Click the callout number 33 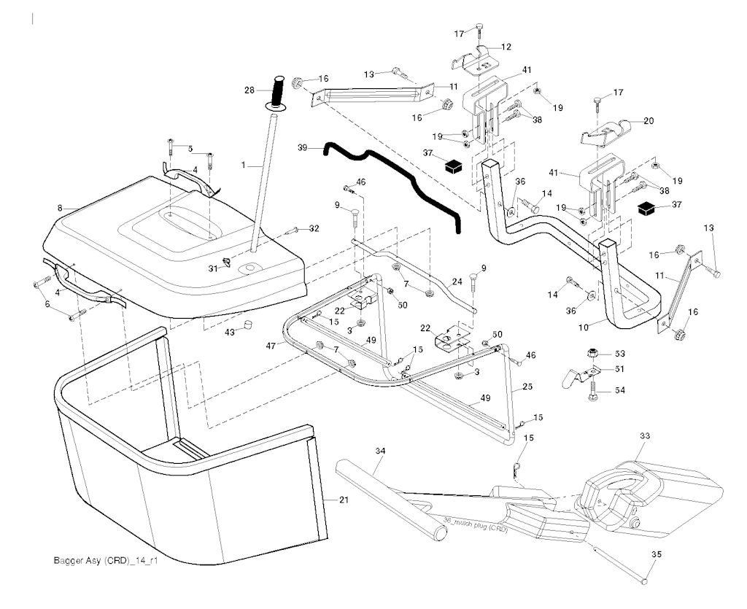tap(644, 435)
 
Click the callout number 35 tap(656, 555)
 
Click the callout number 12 tap(506, 47)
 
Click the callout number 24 tap(457, 280)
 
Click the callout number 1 tap(244, 166)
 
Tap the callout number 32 tap(314, 228)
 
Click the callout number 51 tap(620, 369)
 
